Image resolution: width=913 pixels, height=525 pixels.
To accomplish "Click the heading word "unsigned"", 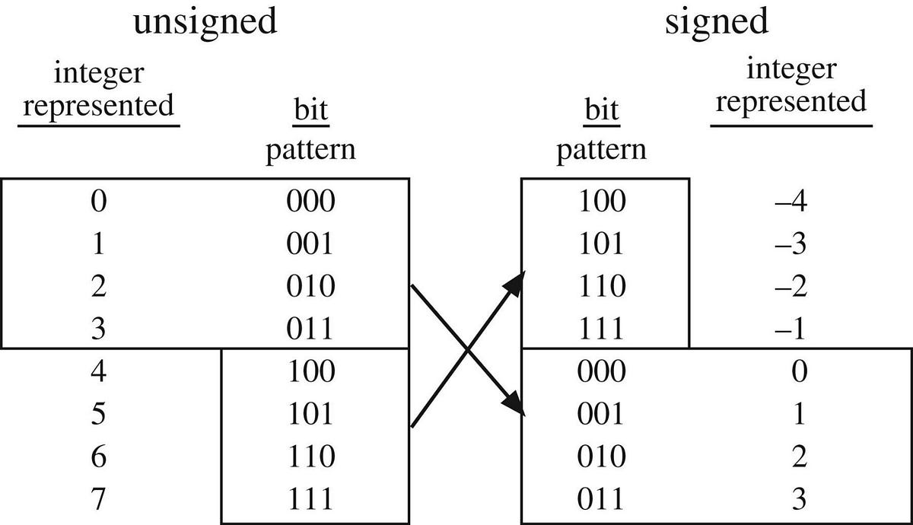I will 205,23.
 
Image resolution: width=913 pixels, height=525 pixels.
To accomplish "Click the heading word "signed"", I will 717,23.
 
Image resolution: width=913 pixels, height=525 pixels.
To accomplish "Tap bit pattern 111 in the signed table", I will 601,329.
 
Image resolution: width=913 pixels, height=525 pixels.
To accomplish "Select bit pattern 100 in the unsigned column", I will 310,371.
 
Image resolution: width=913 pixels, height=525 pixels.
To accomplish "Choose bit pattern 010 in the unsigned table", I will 310,286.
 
